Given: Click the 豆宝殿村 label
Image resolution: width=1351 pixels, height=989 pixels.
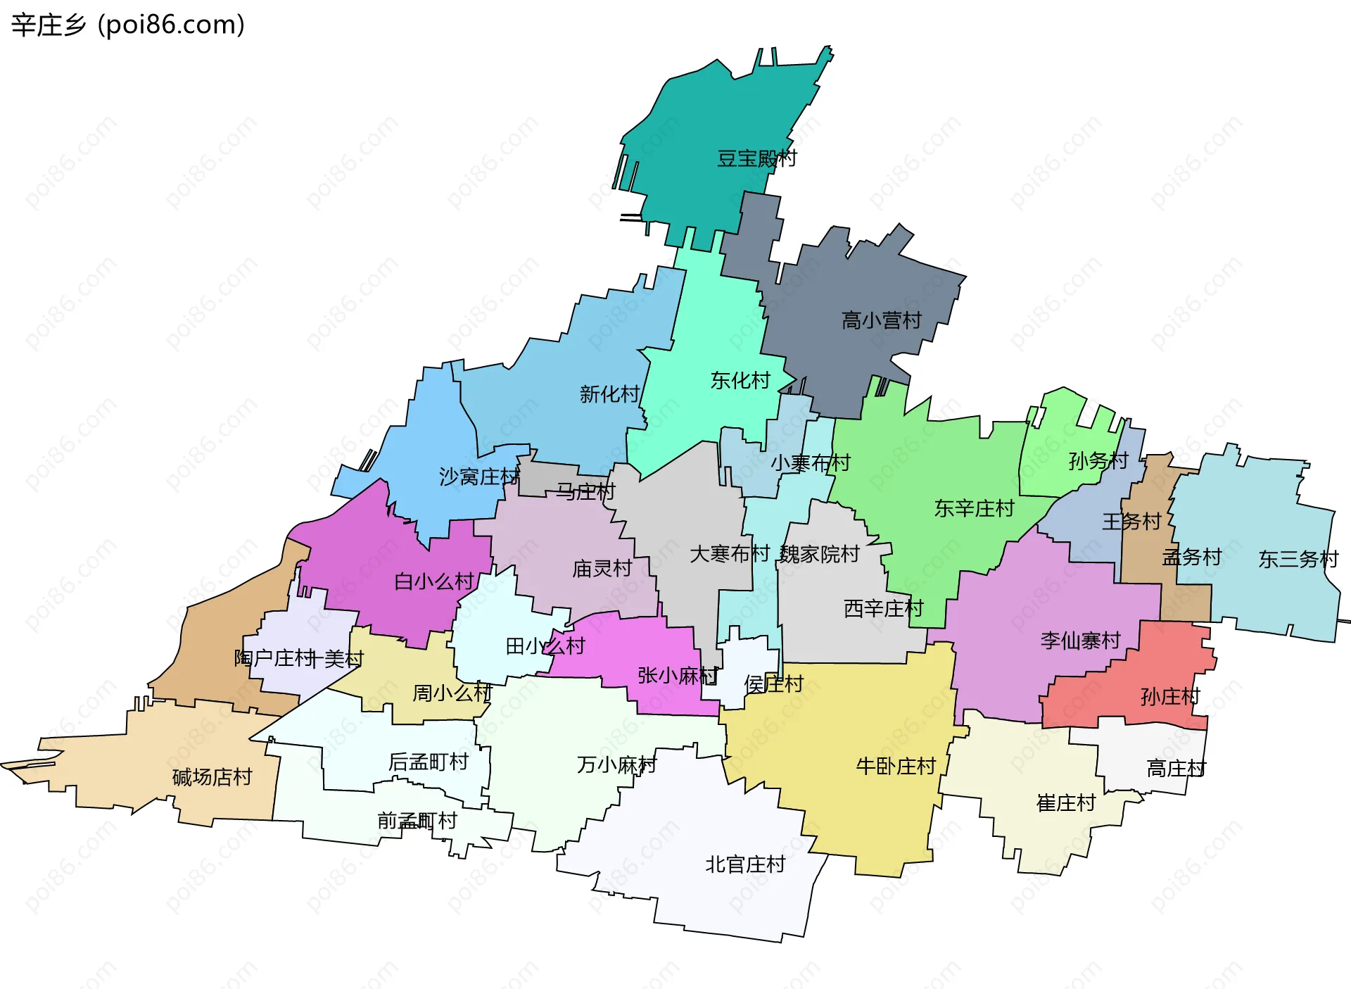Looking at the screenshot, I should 756,158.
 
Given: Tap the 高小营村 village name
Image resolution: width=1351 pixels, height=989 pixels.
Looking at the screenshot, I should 881,321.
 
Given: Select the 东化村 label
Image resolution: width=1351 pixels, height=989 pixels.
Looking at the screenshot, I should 740,381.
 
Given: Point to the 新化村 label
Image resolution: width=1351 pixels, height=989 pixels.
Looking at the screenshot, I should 609,394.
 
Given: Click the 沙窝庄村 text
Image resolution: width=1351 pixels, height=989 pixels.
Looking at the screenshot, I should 478,477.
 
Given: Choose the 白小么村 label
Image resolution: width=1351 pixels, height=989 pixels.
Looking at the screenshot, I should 434,582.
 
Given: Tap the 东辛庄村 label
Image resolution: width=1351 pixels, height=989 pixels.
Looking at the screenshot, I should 974,509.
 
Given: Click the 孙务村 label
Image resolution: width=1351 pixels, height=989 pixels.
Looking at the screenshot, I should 1098,461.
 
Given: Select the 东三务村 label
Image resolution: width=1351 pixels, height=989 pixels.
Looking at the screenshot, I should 1298,560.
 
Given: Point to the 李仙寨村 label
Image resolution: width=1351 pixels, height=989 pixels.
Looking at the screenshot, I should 1080,641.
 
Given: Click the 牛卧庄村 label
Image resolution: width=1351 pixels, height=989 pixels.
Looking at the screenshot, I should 895,766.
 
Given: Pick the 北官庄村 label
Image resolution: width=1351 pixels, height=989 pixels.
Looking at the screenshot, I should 745,864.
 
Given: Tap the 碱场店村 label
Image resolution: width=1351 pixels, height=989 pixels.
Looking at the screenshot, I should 212,777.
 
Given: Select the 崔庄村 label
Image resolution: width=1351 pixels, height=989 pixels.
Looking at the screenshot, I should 1065,803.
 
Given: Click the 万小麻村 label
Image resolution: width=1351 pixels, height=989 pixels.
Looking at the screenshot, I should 616,764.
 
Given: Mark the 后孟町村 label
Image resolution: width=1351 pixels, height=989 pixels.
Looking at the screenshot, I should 428,762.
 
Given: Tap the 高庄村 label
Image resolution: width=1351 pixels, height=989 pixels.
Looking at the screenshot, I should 1176,769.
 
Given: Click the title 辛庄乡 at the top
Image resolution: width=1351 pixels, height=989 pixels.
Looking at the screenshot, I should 48,25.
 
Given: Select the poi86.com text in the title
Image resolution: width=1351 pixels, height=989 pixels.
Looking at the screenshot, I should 171,25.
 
